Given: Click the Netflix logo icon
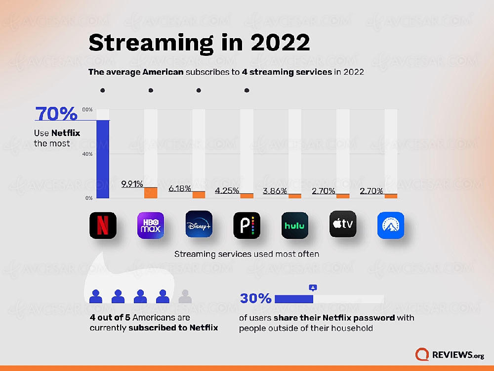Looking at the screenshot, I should [x=103, y=226].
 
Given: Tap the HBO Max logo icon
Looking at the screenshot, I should [x=151, y=226].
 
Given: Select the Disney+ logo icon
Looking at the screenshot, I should [x=199, y=225].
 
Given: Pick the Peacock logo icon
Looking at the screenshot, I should [x=247, y=226].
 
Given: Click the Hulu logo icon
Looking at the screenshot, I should [x=294, y=226].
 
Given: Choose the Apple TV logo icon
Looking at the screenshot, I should [x=342, y=225].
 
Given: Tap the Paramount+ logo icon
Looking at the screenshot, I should [x=391, y=226].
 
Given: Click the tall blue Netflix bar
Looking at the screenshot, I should [x=103, y=158].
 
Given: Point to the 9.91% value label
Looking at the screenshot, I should [x=132, y=184].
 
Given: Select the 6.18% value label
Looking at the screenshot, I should [x=179, y=188].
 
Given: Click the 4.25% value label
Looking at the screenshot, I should [x=227, y=190].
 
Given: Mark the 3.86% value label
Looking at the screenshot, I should [x=275, y=191].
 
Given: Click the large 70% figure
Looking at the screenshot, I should [x=56, y=114].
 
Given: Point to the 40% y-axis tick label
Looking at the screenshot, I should [x=87, y=154].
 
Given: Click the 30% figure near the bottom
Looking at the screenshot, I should [x=255, y=299].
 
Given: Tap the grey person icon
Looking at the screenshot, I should [x=185, y=296].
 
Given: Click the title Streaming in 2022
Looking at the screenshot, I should [x=199, y=43].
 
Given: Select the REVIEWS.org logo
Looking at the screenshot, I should [x=449, y=355].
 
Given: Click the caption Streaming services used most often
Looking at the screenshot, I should [x=247, y=254].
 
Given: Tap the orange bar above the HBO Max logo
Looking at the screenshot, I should [x=151, y=192].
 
